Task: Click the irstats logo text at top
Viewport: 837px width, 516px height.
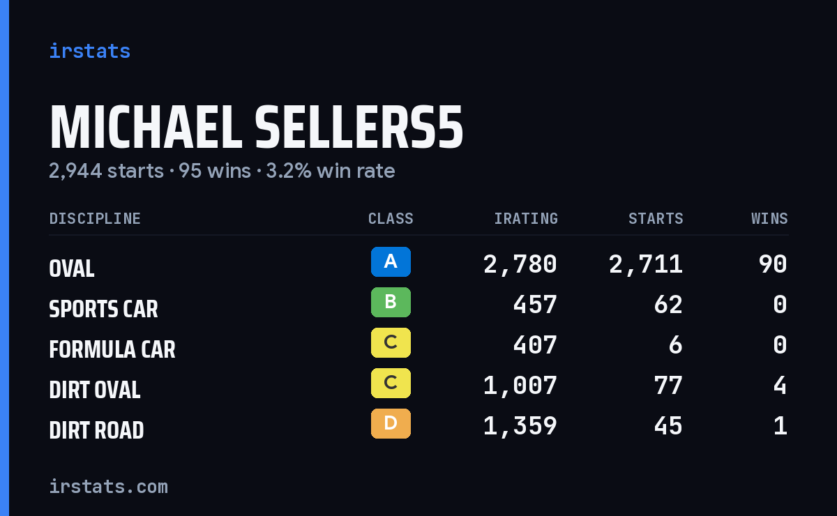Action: tap(90, 51)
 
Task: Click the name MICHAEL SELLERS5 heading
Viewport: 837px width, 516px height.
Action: tap(257, 127)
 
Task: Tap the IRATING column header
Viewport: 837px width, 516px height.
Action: tap(526, 218)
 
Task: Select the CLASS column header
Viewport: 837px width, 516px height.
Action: tap(391, 218)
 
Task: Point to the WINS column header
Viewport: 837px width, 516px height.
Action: tap(770, 218)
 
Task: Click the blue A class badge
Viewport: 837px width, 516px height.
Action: tap(391, 261)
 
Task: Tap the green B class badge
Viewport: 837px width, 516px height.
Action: tap(391, 302)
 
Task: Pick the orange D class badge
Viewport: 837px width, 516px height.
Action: tap(391, 423)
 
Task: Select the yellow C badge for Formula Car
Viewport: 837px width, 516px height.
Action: tap(391, 342)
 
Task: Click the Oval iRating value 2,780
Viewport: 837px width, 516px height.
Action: tap(520, 264)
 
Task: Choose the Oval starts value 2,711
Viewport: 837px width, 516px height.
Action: tap(646, 264)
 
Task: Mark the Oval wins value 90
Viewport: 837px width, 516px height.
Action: tap(773, 264)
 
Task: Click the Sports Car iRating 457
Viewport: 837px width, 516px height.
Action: tap(535, 305)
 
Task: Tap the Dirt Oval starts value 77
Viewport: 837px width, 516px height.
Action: tap(668, 386)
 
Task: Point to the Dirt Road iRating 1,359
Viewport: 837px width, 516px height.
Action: tap(520, 426)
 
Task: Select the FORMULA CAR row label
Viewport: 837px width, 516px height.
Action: tap(112, 349)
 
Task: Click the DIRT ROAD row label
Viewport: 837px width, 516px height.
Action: tap(96, 430)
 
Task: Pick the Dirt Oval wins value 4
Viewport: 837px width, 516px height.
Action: tap(781, 386)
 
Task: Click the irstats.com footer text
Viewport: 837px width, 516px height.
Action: tap(108, 487)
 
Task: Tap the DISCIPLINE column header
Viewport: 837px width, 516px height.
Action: tap(95, 218)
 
